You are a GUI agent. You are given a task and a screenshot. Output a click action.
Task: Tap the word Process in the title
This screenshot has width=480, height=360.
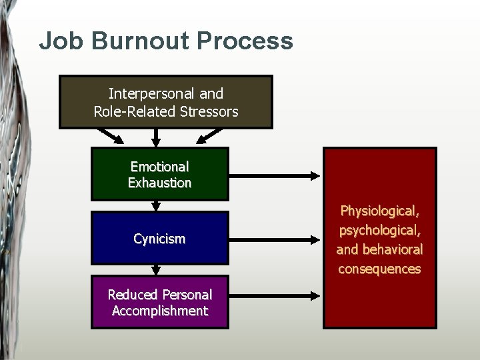coord(245,41)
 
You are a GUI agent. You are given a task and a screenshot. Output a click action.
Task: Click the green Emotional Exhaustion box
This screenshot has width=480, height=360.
coord(159,174)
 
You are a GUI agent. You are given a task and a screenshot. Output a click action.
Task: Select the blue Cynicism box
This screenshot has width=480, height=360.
coord(159,238)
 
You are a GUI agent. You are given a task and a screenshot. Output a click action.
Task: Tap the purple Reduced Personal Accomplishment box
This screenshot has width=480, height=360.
coord(159,302)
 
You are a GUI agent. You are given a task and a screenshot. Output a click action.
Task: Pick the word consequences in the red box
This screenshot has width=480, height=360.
coord(379,269)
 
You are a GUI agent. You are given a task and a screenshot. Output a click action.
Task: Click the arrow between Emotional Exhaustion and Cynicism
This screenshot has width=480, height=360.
coord(156,206)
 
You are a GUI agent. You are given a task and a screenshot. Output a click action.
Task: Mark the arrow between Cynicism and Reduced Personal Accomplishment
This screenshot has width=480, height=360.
coord(156,270)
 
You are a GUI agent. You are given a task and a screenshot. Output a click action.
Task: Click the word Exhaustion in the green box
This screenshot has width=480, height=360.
coord(159,183)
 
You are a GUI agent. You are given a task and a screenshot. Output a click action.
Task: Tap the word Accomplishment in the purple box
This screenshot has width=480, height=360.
coord(159,311)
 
